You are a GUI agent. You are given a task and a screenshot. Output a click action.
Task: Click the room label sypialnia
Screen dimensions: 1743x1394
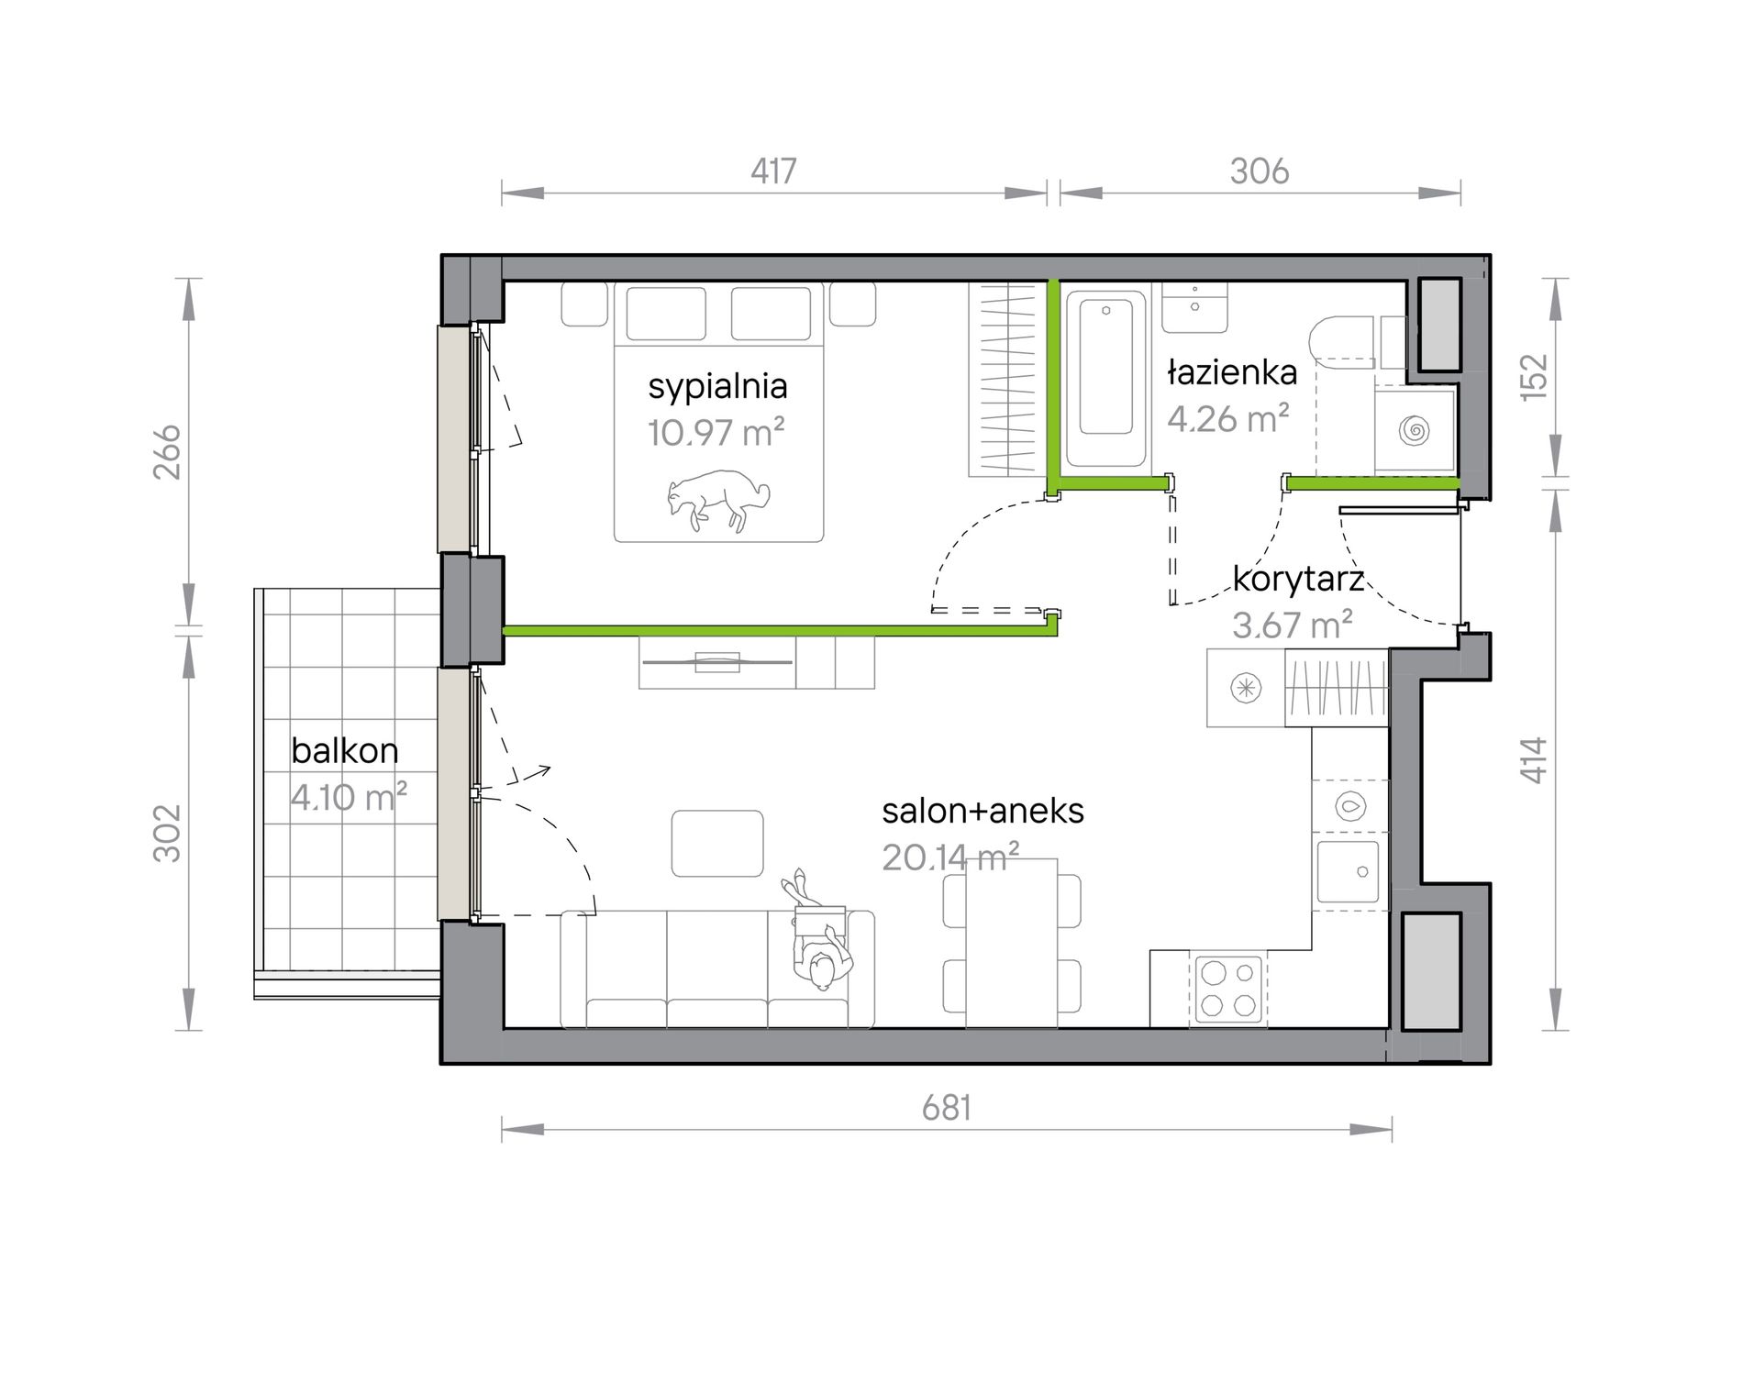click(717, 387)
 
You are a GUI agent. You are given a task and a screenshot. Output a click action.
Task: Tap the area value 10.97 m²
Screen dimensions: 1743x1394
click(716, 433)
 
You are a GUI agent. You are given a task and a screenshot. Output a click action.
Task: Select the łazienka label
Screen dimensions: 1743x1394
click(1232, 372)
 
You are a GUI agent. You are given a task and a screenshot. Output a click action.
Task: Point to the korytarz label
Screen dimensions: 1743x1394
click(1297, 580)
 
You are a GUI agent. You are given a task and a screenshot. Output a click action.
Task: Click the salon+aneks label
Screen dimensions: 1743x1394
click(983, 811)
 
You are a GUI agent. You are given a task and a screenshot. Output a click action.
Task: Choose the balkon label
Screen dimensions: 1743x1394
click(345, 751)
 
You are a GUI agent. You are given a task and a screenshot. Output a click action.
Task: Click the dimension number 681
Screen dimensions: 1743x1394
click(947, 1108)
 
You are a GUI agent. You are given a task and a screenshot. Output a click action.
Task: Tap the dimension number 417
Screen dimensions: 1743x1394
click(773, 171)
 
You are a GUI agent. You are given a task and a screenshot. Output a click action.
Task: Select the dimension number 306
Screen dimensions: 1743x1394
click(1260, 171)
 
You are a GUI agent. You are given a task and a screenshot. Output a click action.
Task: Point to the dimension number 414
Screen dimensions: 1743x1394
click(1534, 760)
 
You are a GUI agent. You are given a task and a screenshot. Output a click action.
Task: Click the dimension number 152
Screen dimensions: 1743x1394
click(1534, 376)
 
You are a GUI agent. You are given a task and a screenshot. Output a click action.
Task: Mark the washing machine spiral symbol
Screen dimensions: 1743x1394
click(1415, 429)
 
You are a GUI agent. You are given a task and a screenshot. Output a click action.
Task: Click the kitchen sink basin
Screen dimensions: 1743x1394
click(1349, 871)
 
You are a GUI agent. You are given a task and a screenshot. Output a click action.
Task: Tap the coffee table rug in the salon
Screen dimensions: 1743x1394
click(717, 844)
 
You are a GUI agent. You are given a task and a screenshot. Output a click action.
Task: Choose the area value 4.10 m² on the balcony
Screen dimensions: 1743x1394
click(349, 797)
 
